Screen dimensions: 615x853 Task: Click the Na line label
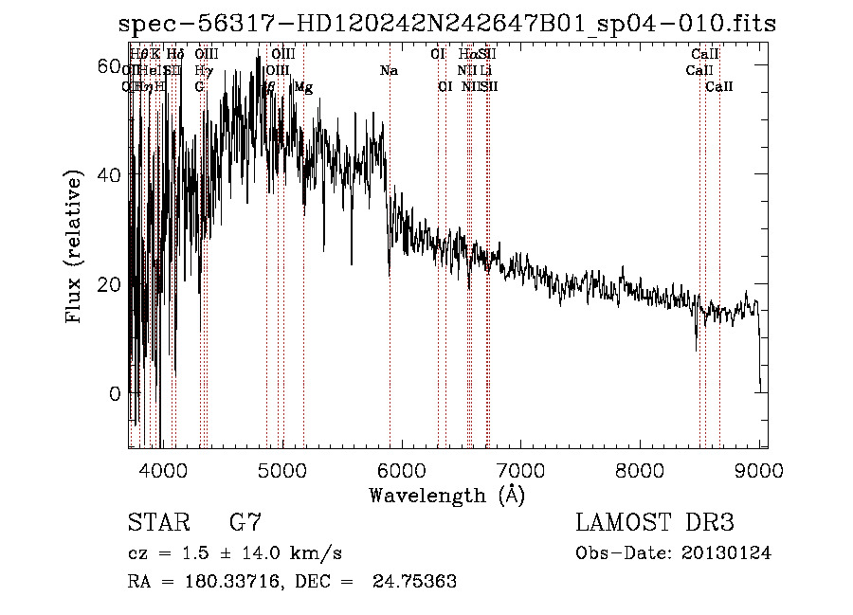389,70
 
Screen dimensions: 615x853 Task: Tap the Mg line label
303,87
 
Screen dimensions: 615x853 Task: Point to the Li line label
486,70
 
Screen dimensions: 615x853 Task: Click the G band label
200,87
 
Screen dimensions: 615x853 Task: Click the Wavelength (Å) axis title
447,495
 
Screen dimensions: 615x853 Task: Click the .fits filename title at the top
446,25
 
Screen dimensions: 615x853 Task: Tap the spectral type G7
245,523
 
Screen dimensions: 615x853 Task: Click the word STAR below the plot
156,523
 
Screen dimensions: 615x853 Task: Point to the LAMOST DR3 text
655,523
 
